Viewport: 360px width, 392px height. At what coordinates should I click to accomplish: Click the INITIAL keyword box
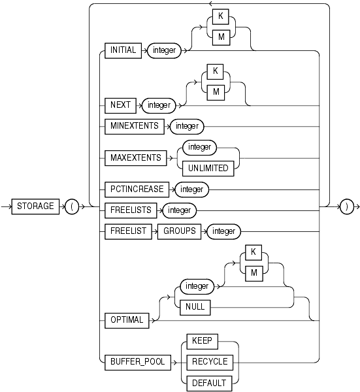pyautogui.click(x=123, y=50)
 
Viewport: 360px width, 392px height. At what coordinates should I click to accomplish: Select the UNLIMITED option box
pyautogui.click(x=209, y=168)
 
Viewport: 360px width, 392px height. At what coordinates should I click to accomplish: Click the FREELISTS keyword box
pyautogui.click(x=130, y=210)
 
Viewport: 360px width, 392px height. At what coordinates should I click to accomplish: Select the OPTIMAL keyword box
pyautogui.click(x=127, y=319)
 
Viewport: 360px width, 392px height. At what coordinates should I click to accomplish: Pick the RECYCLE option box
pyautogui.click(x=208, y=361)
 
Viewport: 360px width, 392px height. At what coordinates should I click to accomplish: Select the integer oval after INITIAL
pyautogui.click(x=165, y=50)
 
